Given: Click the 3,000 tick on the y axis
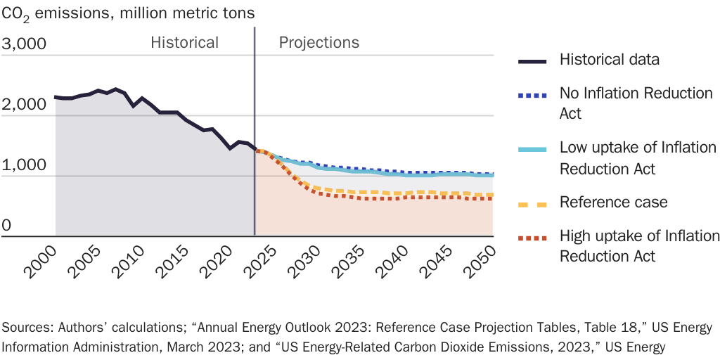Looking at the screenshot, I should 25,44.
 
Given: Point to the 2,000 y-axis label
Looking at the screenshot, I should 25,105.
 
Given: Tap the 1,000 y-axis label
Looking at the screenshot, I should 25,165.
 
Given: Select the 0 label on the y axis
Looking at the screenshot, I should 6,226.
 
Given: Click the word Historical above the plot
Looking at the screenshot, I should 184,42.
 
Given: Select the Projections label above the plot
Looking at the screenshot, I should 319,42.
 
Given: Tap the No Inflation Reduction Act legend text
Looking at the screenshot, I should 636,103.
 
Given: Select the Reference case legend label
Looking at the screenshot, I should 613,202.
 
